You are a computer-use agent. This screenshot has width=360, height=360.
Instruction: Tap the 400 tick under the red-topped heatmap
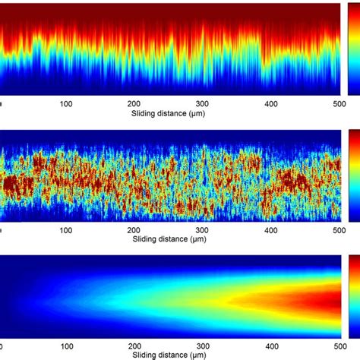(x=270, y=104)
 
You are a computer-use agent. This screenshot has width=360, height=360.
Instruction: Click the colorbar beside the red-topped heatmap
(x=353, y=49)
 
